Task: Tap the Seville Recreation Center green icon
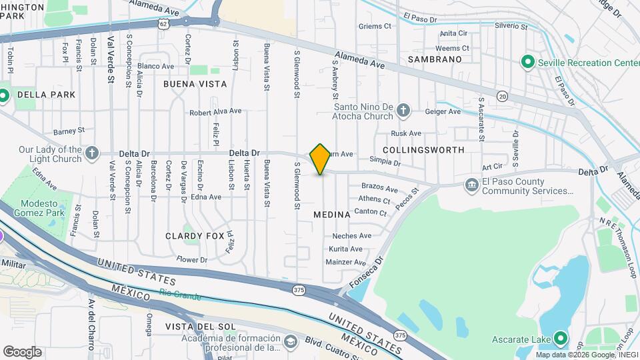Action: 528,63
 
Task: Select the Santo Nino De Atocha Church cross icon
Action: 403,110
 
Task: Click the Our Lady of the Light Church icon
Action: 92,154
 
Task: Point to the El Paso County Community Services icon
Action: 472,185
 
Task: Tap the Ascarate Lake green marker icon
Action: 561,339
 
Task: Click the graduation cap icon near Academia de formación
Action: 290,341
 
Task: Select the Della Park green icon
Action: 3,95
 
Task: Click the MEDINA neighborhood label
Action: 331,215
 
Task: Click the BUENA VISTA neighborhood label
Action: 195,85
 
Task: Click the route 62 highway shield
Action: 164,23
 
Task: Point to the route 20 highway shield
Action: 501,97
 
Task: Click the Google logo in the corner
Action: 22,351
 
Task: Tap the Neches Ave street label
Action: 351,236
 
